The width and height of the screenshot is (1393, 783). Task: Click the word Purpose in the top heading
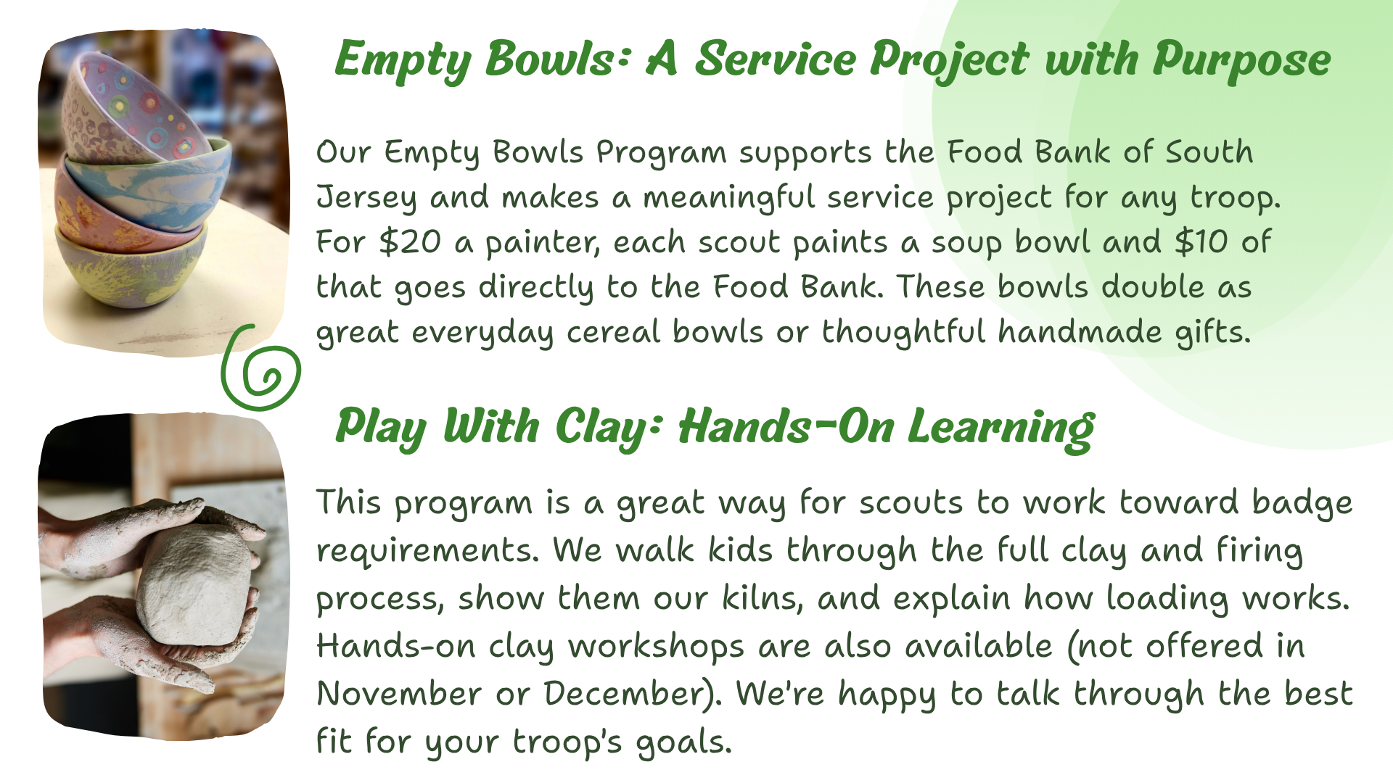point(1241,60)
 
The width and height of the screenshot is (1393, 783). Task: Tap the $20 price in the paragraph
point(410,242)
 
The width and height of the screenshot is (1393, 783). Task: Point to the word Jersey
point(366,198)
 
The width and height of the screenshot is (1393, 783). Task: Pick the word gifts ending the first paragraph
point(1213,332)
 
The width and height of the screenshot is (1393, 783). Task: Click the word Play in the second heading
point(381,428)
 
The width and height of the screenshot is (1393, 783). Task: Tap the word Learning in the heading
point(1001,428)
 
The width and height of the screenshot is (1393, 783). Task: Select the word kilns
point(763,599)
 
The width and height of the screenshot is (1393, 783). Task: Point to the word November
point(400,694)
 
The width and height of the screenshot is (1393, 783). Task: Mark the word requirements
point(427,552)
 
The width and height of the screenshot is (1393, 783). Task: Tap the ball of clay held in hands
point(196,586)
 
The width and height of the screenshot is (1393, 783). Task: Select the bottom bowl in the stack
point(131,272)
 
